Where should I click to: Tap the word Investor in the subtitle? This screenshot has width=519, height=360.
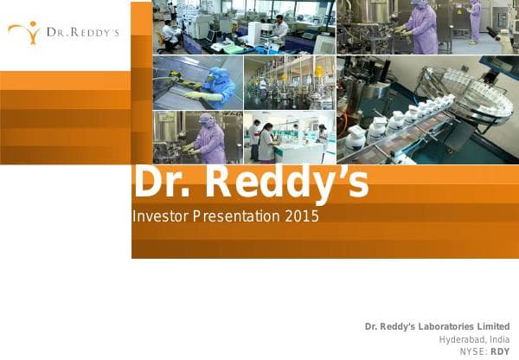(160, 216)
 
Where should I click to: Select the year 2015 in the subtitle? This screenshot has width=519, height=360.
(301, 216)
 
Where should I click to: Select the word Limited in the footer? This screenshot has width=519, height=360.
(492, 326)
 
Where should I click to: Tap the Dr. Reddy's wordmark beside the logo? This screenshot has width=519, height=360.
(83, 34)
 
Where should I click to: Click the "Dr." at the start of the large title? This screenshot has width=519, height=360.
(157, 183)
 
